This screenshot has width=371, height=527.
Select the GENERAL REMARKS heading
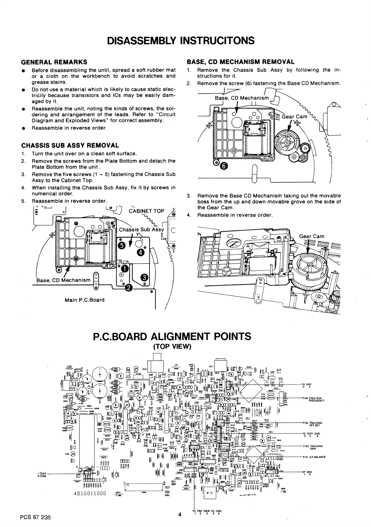pos(54,62)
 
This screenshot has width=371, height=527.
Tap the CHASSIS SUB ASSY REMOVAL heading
pos(70,146)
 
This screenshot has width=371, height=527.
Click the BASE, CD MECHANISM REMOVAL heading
pos(240,62)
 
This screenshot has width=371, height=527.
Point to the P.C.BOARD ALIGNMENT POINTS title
pos(172,336)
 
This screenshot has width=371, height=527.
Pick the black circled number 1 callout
pos(124,268)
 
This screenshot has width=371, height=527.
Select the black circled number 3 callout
pos(144,277)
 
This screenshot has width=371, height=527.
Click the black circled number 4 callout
pos(140,252)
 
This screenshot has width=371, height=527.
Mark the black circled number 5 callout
pos(121,245)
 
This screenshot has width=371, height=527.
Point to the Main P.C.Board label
pos(84,300)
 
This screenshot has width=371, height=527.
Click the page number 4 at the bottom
pos(179,515)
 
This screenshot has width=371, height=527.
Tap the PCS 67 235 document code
pos(35,518)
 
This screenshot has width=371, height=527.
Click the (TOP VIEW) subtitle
pos(172,347)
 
